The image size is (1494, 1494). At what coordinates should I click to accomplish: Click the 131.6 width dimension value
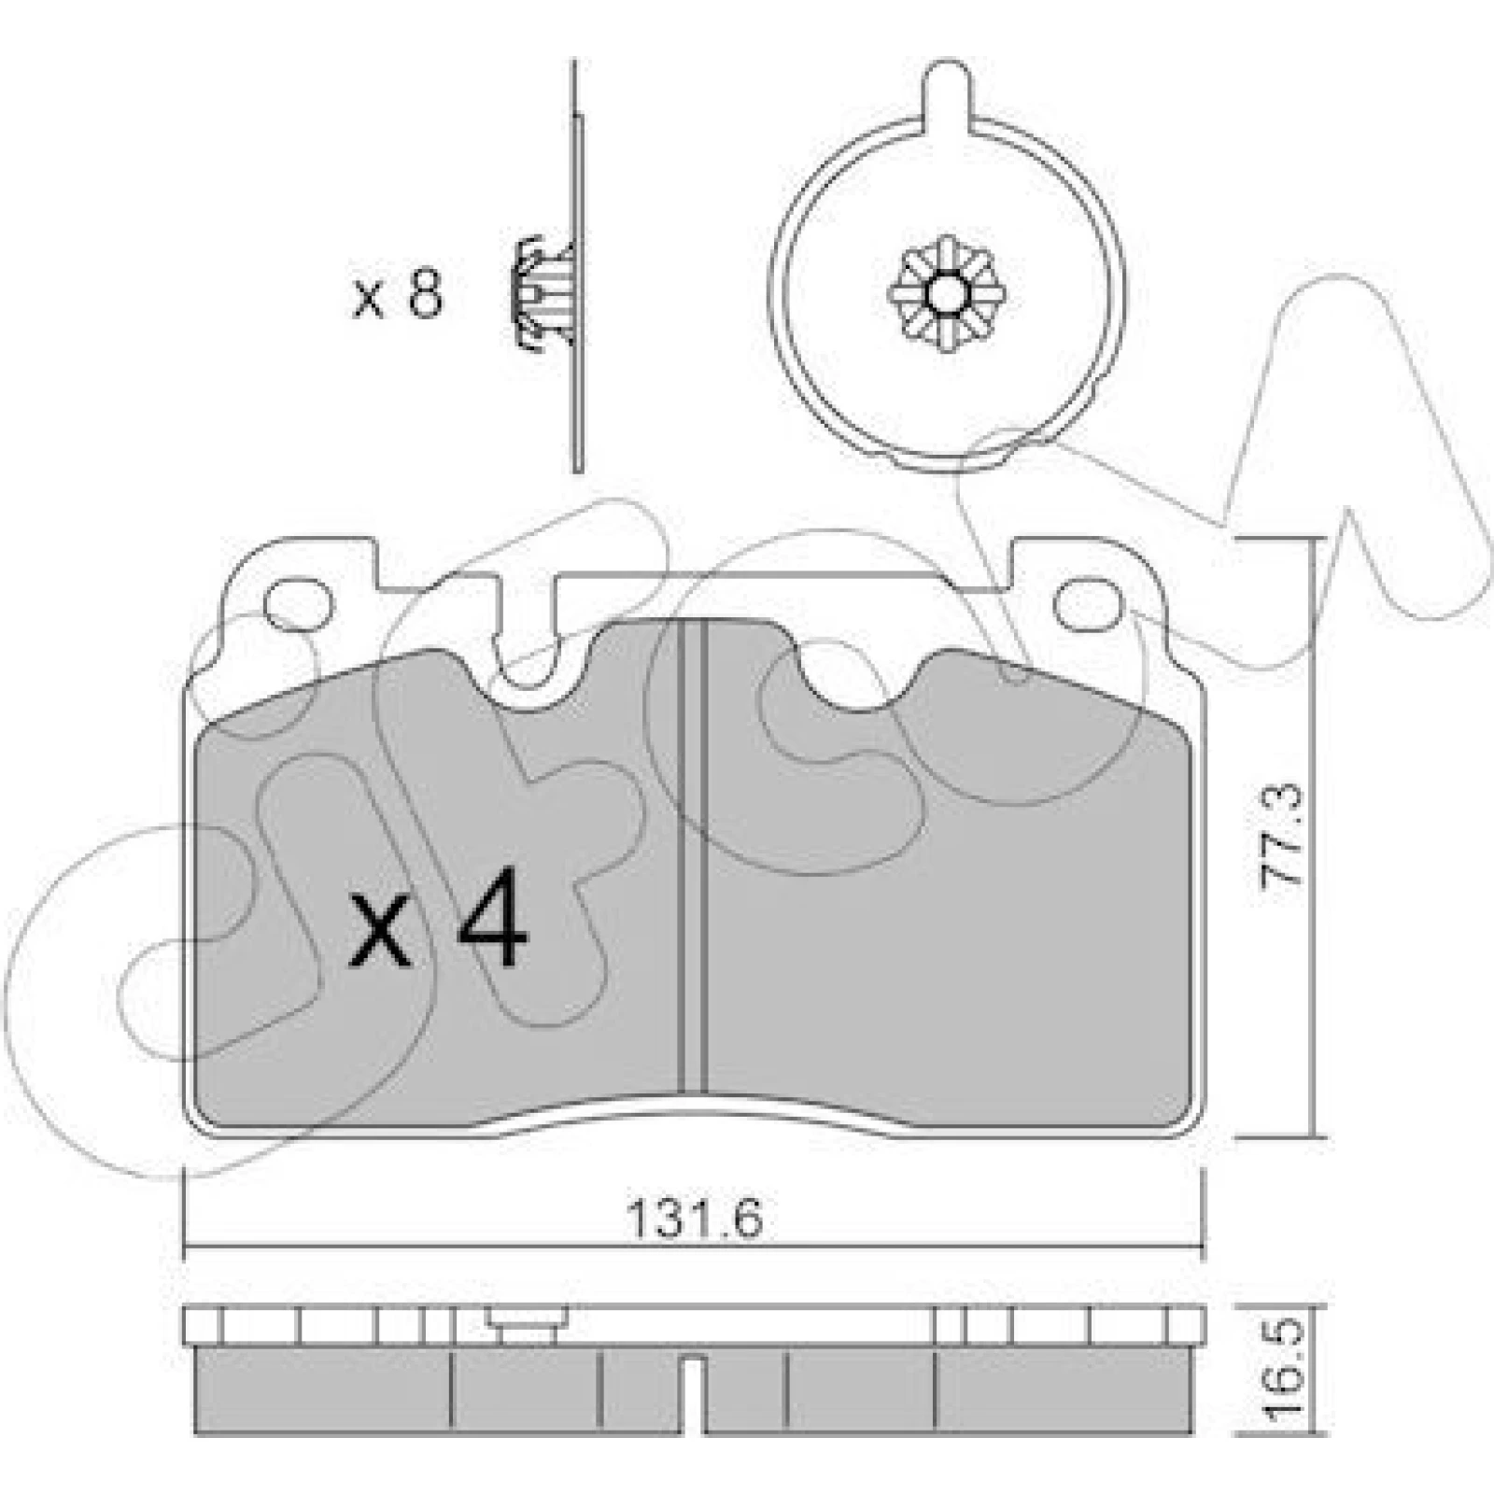click(695, 1217)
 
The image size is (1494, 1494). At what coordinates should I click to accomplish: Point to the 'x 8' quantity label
click(397, 297)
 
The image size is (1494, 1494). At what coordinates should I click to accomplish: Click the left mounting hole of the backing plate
click(300, 604)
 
